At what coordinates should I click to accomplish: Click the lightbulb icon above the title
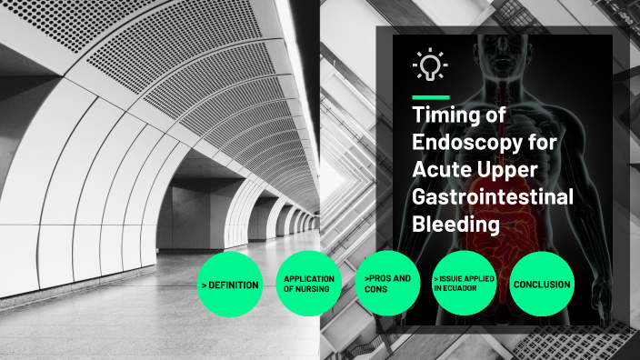point(429,65)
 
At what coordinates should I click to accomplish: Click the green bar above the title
point(430,96)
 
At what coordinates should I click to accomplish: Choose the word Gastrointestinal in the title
point(492,197)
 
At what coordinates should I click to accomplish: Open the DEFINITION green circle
point(230,285)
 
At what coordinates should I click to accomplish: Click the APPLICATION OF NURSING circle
point(308,285)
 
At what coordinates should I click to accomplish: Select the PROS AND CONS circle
point(386,285)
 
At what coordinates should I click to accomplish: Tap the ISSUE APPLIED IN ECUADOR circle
point(464,285)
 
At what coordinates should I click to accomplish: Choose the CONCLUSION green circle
point(542,285)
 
